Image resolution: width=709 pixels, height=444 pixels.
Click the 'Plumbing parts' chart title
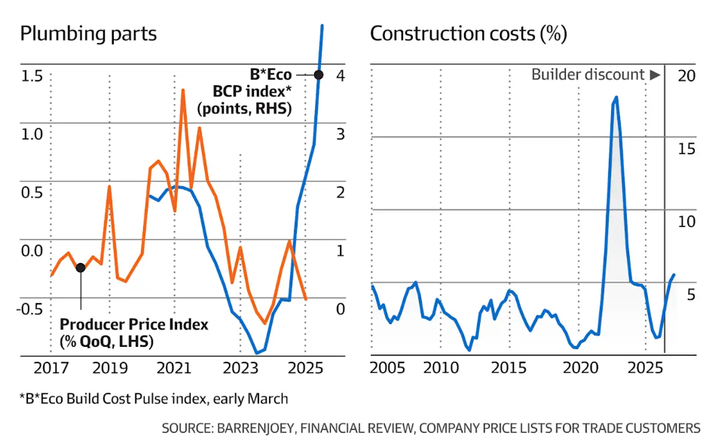[88, 34]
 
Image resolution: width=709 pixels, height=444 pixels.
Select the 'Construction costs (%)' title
[468, 34]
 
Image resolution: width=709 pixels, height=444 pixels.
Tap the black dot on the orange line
[81, 268]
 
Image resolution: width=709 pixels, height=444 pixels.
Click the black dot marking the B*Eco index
[318, 74]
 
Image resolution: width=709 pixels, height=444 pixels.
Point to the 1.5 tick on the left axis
[32, 75]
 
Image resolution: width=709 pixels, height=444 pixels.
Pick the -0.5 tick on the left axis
[29, 309]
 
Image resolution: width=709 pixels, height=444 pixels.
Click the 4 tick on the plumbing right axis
[341, 75]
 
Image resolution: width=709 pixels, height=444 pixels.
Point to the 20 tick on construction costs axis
[686, 75]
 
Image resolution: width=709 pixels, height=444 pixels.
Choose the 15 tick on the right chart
[686, 149]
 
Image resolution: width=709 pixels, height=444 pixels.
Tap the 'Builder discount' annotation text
[588, 74]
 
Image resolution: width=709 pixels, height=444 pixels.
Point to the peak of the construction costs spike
[616, 96]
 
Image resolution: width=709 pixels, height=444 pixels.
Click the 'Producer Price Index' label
[133, 326]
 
